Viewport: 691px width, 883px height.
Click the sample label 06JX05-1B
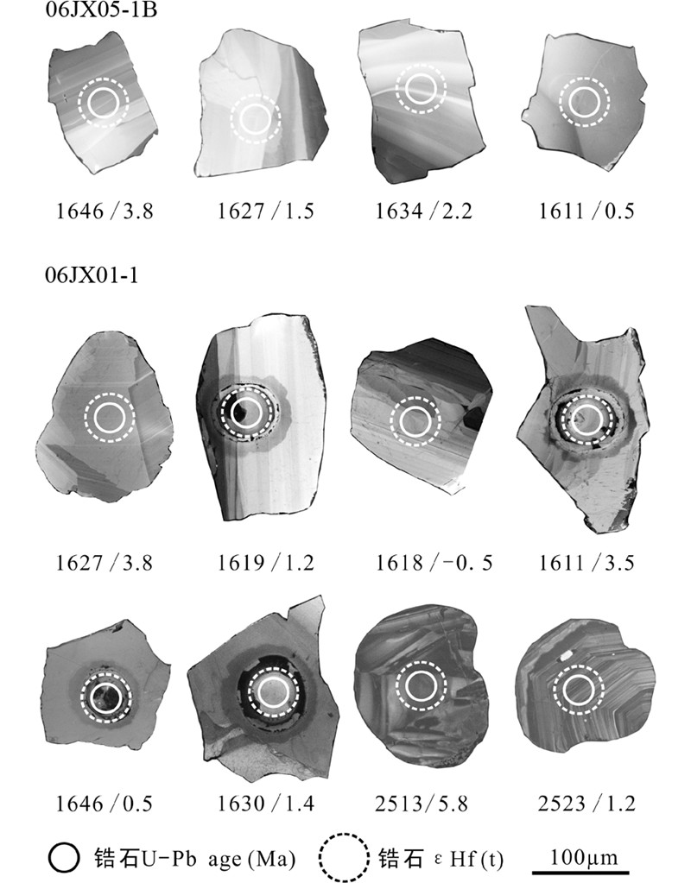click(101, 9)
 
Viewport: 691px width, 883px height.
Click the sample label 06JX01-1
click(92, 276)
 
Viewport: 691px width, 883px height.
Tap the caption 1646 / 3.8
click(105, 211)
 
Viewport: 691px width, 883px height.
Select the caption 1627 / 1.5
click(266, 211)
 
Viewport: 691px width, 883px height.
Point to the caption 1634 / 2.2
click(424, 211)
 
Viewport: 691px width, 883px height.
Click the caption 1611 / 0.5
click(586, 211)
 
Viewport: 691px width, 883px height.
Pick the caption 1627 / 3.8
click(105, 563)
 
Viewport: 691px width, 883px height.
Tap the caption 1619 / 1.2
click(266, 563)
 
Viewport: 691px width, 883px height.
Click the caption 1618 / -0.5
click(434, 563)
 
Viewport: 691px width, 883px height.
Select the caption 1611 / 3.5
click(586, 563)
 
